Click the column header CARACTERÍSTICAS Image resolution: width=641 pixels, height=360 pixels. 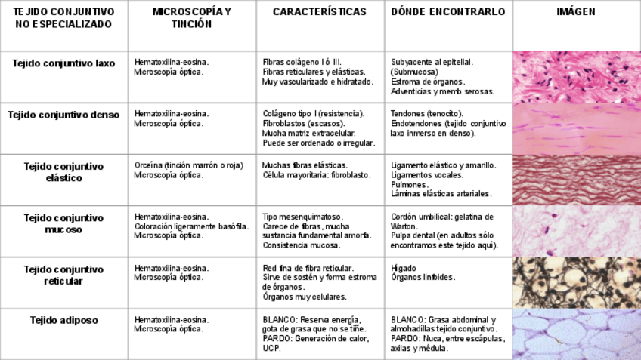[x=319, y=12]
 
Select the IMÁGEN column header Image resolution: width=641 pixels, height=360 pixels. [x=576, y=12]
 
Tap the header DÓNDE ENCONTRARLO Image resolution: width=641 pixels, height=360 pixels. [x=448, y=12]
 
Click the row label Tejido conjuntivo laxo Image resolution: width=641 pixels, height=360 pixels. [x=63, y=63]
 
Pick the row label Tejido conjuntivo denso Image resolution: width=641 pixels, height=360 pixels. [x=63, y=115]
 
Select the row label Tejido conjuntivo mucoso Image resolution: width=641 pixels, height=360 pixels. [x=63, y=223]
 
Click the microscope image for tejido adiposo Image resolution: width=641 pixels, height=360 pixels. [x=576, y=334]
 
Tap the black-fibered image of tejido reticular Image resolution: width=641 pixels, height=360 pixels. [x=576, y=282]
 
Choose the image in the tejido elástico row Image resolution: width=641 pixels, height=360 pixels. [x=576, y=180]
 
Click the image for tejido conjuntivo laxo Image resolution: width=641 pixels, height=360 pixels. [x=576, y=77]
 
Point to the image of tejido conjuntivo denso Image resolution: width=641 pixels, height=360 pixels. [x=576, y=128]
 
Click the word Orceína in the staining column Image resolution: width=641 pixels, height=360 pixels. [x=148, y=165]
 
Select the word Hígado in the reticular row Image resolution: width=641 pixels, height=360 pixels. [x=404, y=268]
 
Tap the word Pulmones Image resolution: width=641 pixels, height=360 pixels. [x=410, y=184]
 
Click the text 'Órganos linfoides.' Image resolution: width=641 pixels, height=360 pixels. [x=423, y=277]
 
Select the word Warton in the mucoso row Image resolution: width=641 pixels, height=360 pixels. [x=404, y=226]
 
